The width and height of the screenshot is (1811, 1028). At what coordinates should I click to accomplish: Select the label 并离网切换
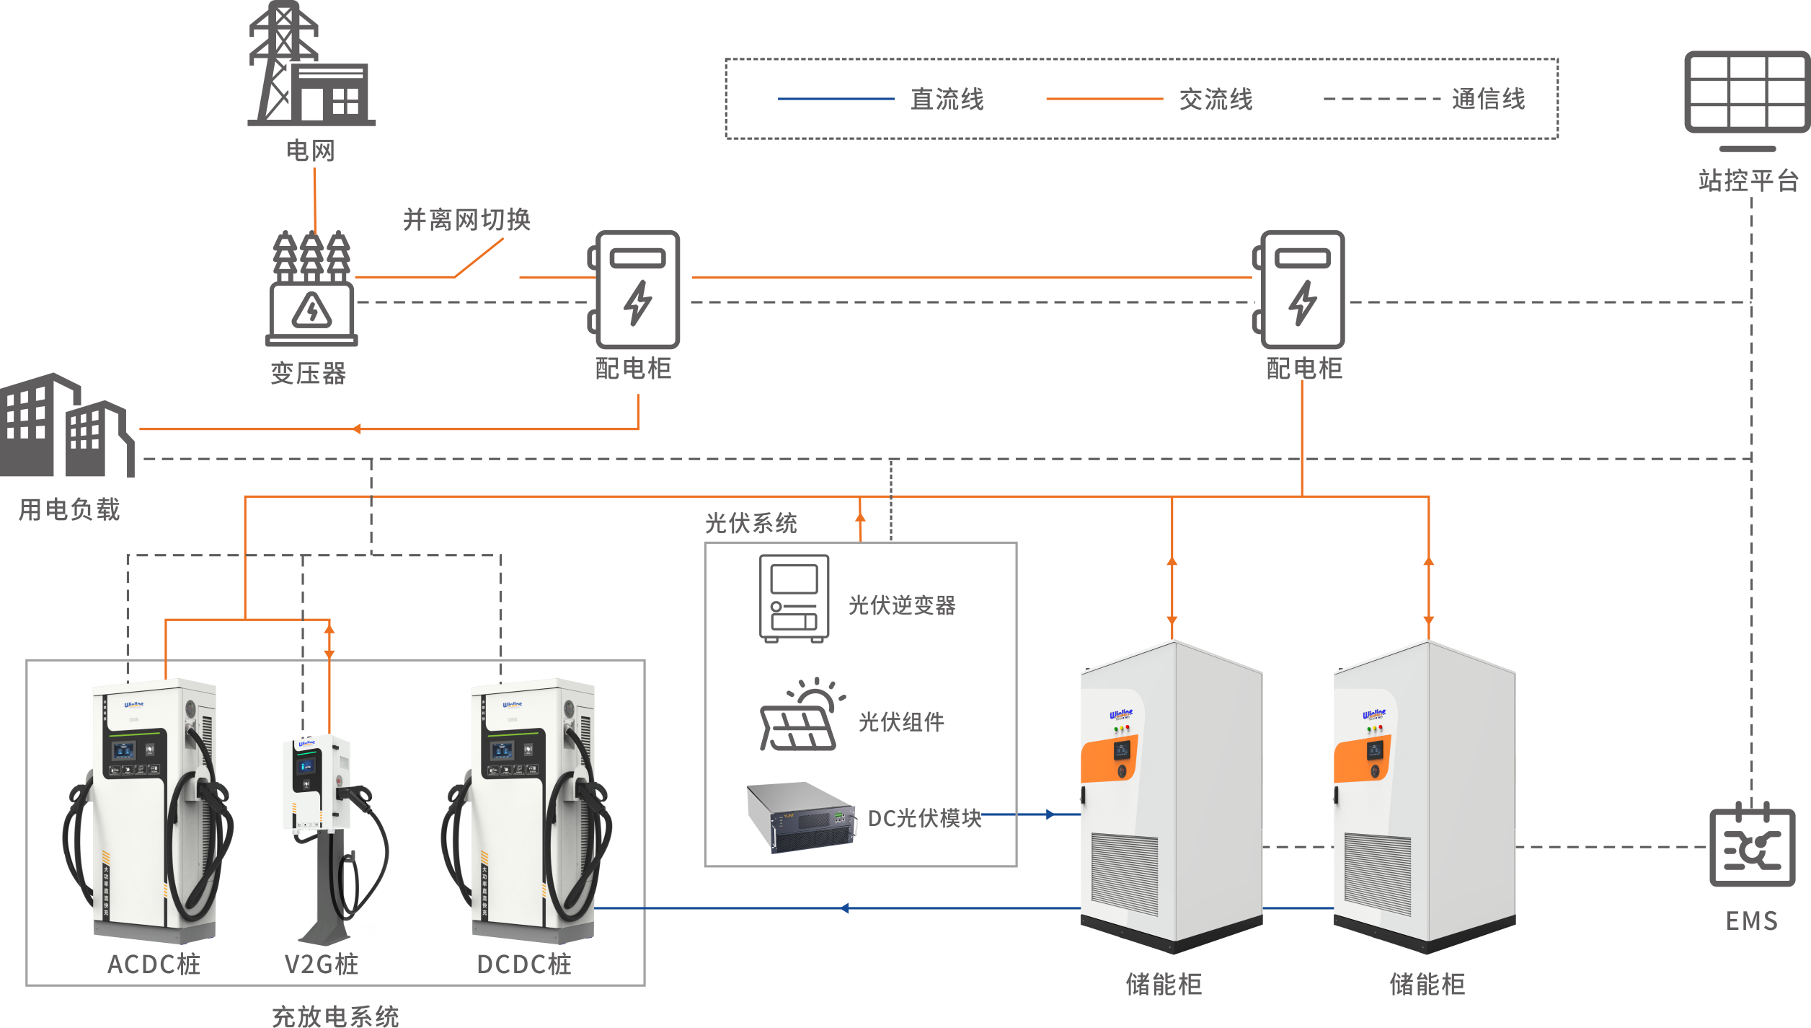466,219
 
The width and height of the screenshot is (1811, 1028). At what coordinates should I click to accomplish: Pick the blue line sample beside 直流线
836,99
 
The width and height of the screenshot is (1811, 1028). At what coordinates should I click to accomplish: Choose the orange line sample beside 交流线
1104,99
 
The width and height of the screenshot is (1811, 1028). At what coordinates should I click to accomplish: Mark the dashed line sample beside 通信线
1381,99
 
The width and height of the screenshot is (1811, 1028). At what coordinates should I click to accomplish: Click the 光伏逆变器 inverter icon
794,598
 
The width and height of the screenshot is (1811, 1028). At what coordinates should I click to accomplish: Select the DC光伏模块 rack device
800,817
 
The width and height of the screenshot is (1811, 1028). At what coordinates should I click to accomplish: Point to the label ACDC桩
154,965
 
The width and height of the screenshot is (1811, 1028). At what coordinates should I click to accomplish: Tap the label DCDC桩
523,965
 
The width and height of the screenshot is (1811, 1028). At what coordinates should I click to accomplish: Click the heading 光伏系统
750,523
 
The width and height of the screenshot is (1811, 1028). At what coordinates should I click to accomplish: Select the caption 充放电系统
335,1016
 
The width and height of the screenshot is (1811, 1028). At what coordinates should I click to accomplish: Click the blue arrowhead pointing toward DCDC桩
845,908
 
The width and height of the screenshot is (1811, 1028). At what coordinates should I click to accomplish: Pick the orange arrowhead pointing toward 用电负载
357,429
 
